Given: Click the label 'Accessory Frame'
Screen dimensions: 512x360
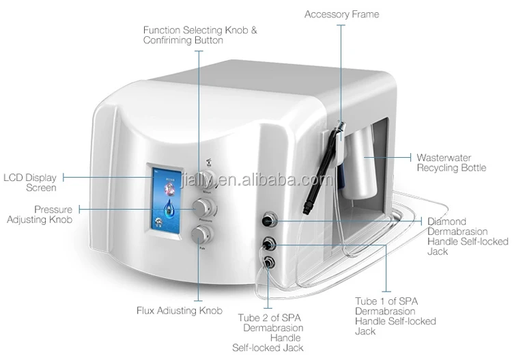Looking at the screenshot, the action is tap(341, 14).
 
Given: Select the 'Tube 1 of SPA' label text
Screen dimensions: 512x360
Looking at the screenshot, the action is tap(386, 301).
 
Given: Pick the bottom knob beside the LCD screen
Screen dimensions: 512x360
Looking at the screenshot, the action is tap(202, 236).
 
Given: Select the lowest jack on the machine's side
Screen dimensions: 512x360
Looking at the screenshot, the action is tap(269, 262).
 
